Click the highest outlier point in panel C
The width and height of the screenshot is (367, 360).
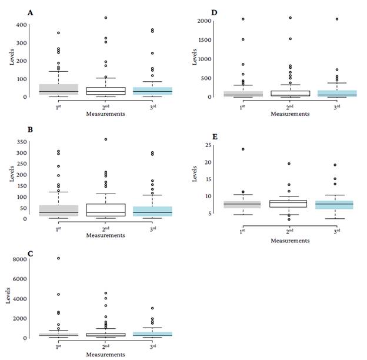pyautogui.click(x=58, y=258)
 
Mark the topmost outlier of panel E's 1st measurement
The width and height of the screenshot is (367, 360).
pyautogui.click(x=242, y=149)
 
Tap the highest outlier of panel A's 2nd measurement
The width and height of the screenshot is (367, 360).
pyautogui.click(x=106, y=18)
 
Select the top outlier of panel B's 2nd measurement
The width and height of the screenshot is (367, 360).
pyautogui.click(x=106, y=139)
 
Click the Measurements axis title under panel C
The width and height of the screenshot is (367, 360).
pyautogui.click(x=105, y=352)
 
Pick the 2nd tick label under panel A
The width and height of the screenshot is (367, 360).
pyautogui.click(x=106, y=106)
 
